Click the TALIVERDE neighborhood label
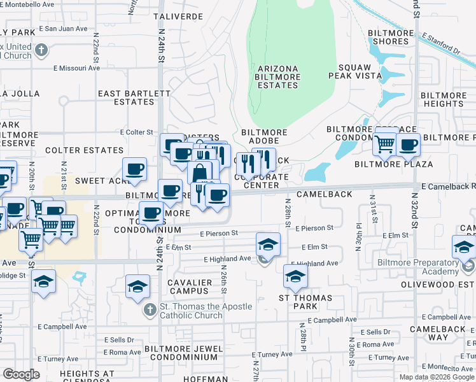(x=181, y=16)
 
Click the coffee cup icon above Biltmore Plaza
(x=408, y=145)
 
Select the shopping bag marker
(x=200, y=173)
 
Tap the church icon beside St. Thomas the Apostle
(x=149, y=310)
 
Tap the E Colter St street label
(x=136, y=132)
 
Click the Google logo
(x=21, y=374)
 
